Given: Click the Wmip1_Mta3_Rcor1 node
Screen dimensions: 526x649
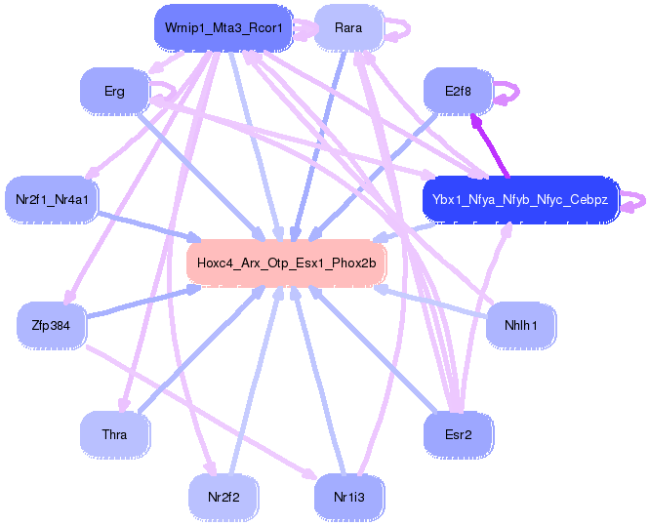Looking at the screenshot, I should pos(223,28).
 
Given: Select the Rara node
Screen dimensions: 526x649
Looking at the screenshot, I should pos(347,28).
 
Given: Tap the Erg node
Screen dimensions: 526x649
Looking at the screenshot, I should pos(114,92).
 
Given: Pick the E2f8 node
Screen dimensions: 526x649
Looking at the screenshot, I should pos(457,92).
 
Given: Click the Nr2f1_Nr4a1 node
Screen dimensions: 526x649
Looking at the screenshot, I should pos(52,200).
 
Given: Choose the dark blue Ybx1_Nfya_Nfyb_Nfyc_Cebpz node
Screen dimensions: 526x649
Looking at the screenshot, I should pos(520,200).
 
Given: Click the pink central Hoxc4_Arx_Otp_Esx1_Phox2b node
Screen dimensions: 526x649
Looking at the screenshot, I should pos(286,263).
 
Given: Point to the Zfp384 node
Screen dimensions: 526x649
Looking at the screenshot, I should pos(52,324).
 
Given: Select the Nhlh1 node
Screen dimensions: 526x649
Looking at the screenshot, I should pos(520,324).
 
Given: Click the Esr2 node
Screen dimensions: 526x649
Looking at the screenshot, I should pos(457,434).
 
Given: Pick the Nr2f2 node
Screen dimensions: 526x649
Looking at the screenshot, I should pos(223,497).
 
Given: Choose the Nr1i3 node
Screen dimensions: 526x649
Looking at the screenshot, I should pos(348,497).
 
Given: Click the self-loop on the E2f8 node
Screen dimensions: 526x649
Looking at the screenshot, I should pos(510,93).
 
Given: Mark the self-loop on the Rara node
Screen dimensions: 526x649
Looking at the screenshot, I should pos(400,29).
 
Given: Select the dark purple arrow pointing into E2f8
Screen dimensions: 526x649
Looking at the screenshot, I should pos(490,146).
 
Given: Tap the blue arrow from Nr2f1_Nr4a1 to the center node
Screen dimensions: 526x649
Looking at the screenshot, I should pos(146,225).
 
